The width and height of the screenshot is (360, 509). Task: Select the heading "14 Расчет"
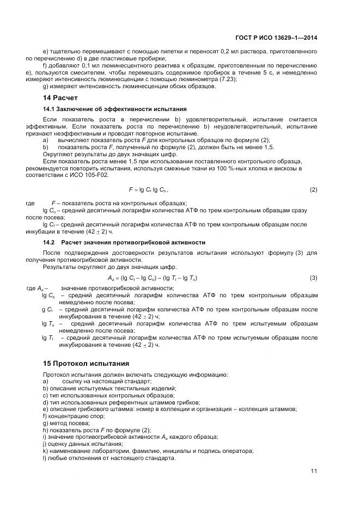[60, 98]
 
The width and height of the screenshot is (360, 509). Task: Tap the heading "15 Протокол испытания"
[86, 363]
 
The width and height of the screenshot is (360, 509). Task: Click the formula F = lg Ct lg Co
[148, 189]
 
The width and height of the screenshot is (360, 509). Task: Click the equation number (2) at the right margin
[313, 189]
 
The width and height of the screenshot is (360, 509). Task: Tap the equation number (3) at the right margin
[313, 278]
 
